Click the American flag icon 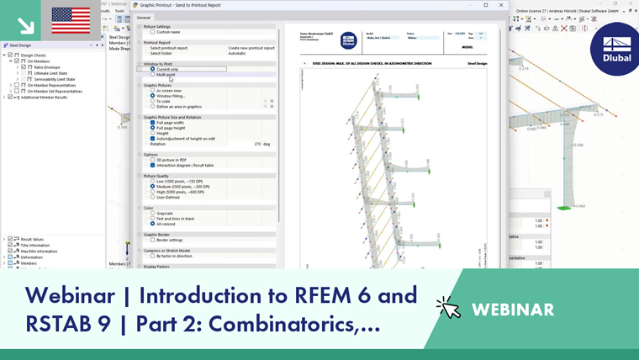(x=71, y=20)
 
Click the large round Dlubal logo (x=616, y=49)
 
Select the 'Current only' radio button (x=152, y=69)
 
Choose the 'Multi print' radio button (x=152, y=75)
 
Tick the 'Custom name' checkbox (x=152, y=32)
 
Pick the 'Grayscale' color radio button (x=152, y=214)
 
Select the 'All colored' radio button (x=152, y=225)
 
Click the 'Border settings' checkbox (x=152, y=241)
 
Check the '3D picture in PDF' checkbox (x=152, y=160)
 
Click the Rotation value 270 (x=257, y=144)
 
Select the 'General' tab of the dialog (x=144, y=17)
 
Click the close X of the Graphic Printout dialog (x=501, y=5)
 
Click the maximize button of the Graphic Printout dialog (x=486, y=5)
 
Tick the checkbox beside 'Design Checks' (x=11, y=56)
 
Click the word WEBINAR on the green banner (x=513, y=310)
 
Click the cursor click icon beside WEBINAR (x=448, y=308)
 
